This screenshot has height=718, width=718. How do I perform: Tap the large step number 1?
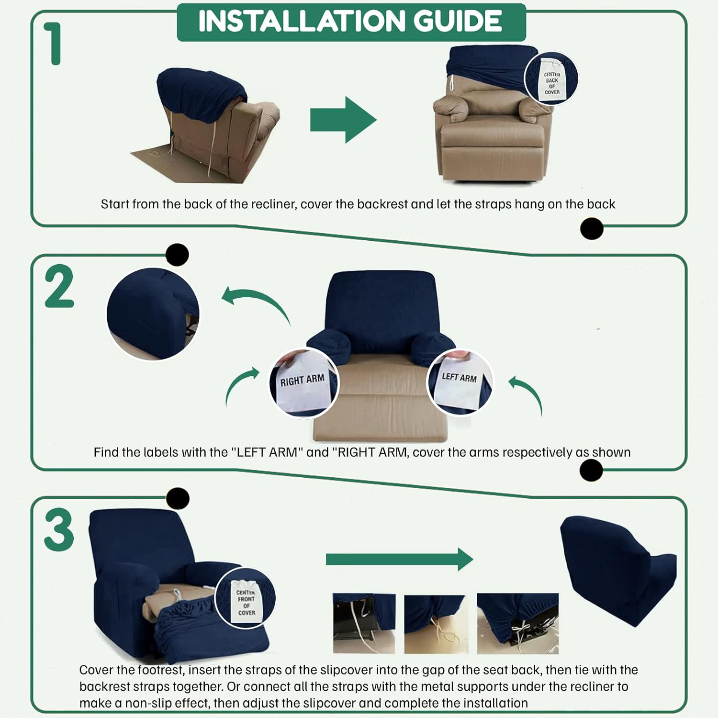pyautogui.click(x=54, y=44)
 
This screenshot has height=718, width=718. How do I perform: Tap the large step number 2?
pyautogui.click(x=59, y=287)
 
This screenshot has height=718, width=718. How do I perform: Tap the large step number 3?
pyautogui.click(x=59, y=530)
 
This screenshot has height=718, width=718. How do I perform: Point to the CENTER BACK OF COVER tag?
pyautogui.click(x=551, y=79)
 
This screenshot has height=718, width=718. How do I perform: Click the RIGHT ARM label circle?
pyautogui.click(x=303, y=383)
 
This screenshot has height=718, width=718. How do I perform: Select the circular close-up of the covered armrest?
pyautogui.click(x=153, y=314)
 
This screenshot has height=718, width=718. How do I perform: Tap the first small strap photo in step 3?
pyautogui.click(x=364, y=623)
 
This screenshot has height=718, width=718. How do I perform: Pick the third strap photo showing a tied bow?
pyautogui.click(x=517, y=623)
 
